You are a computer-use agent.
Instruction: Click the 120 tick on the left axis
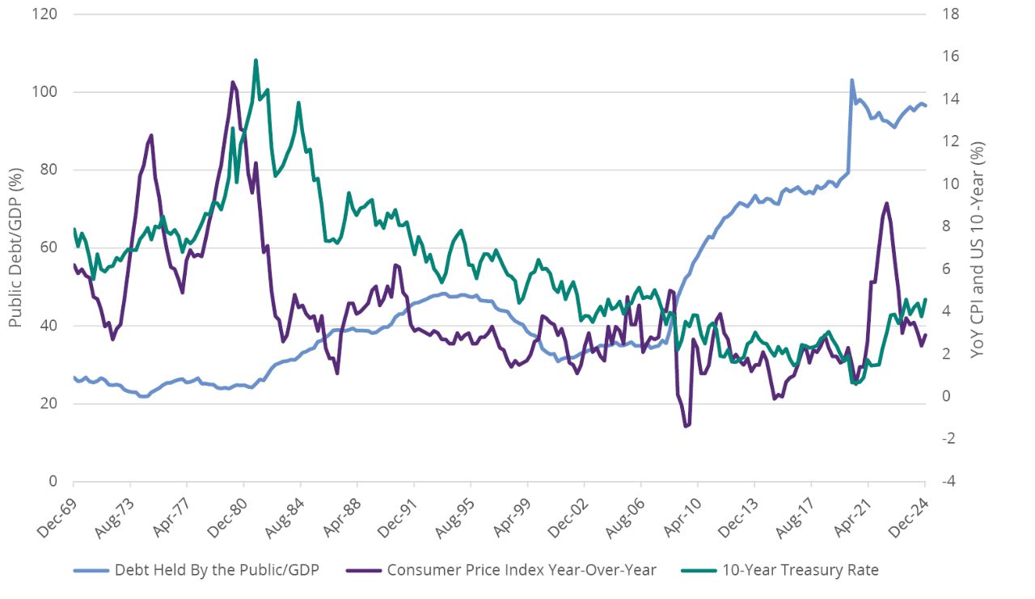49,14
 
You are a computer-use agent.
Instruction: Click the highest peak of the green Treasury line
256,60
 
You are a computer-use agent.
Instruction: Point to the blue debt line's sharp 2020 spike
851,80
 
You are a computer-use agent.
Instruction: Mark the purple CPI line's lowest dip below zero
686,426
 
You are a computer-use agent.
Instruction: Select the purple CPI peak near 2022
887,203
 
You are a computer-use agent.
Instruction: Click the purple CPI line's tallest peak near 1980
233,82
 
